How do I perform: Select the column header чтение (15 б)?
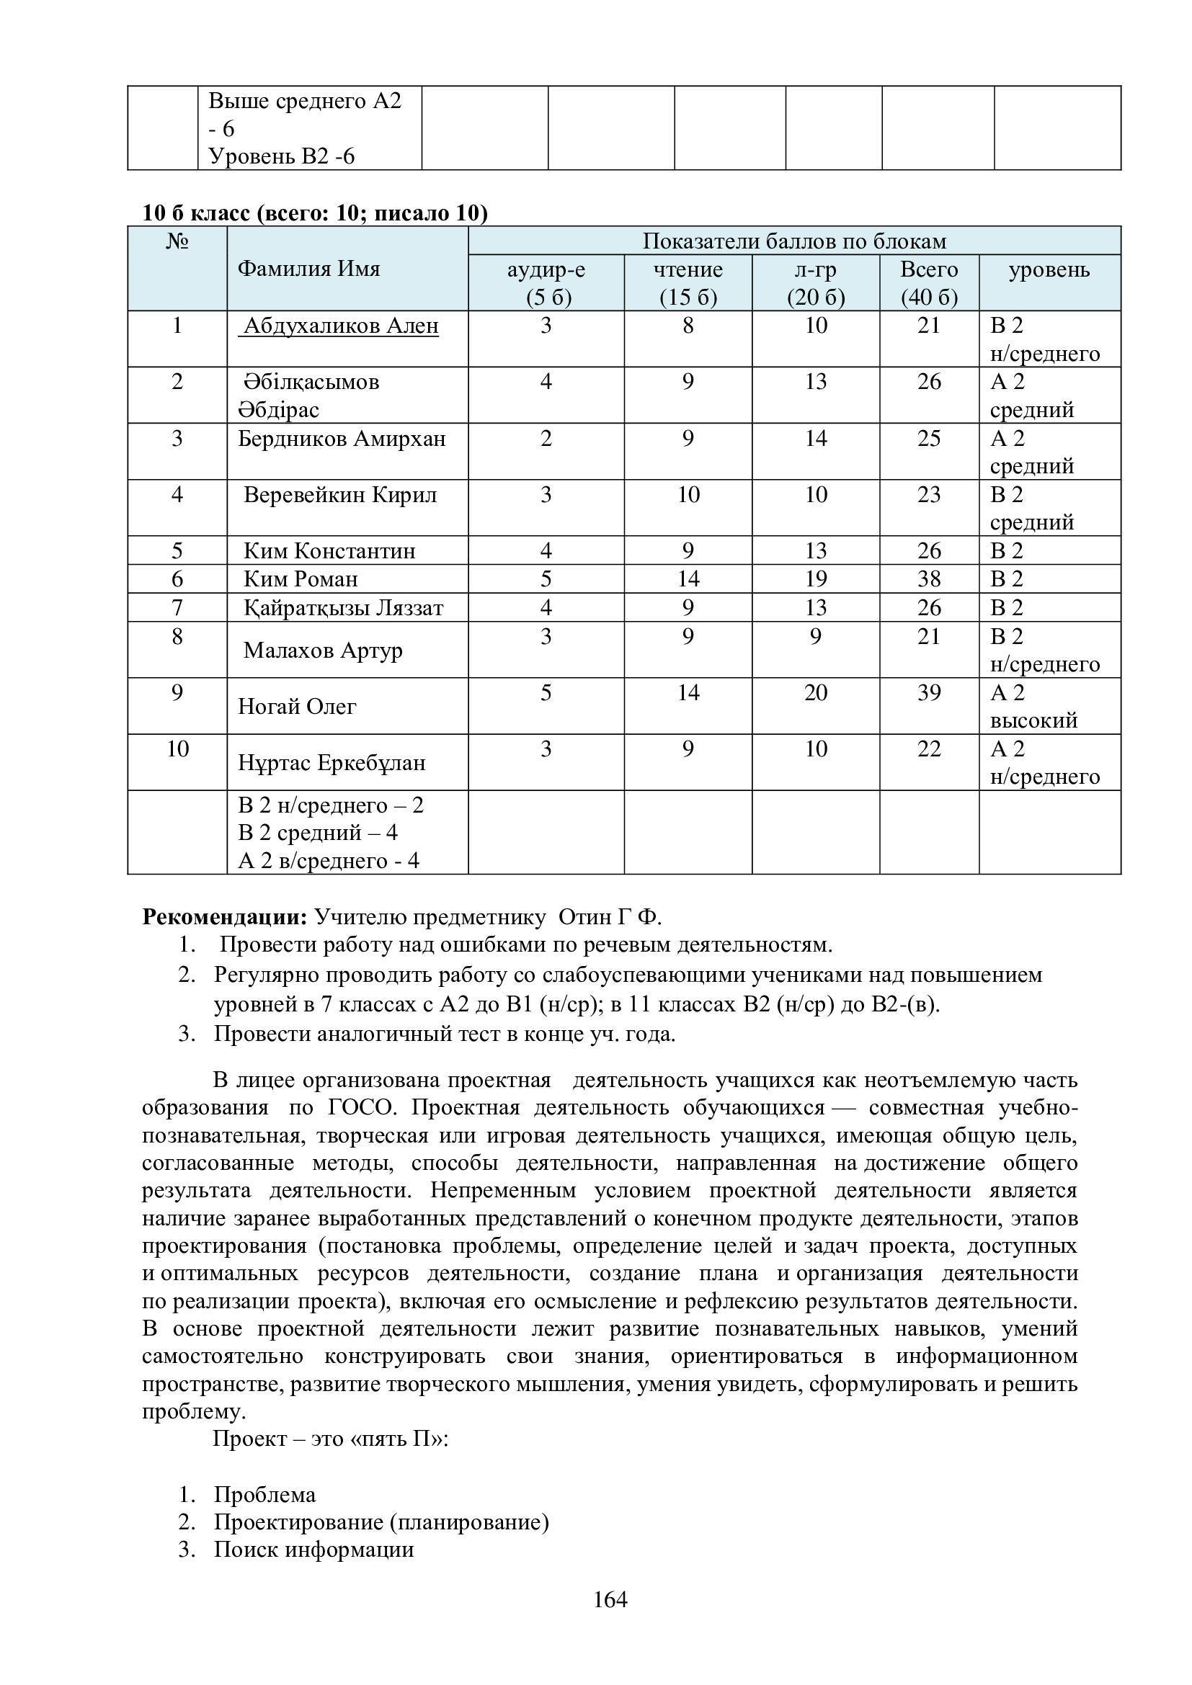(x=688, y=282)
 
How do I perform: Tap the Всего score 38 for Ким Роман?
(x=928, y=579)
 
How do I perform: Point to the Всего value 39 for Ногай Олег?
(x=928, y=693)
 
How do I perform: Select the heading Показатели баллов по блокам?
(x=794, y=241)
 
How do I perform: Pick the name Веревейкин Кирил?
(x=340, y=495)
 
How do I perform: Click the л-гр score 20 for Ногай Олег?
(x=816, y=693)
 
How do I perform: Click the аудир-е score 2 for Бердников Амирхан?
(x=546, y=438)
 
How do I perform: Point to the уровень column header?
(x=1049, y=270)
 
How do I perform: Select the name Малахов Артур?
(x=323, y=651)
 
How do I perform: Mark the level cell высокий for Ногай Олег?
(x=1033, y=720)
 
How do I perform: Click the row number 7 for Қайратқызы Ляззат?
(x=177, y=608)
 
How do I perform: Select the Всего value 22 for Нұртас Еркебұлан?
(x=928, y=748)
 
